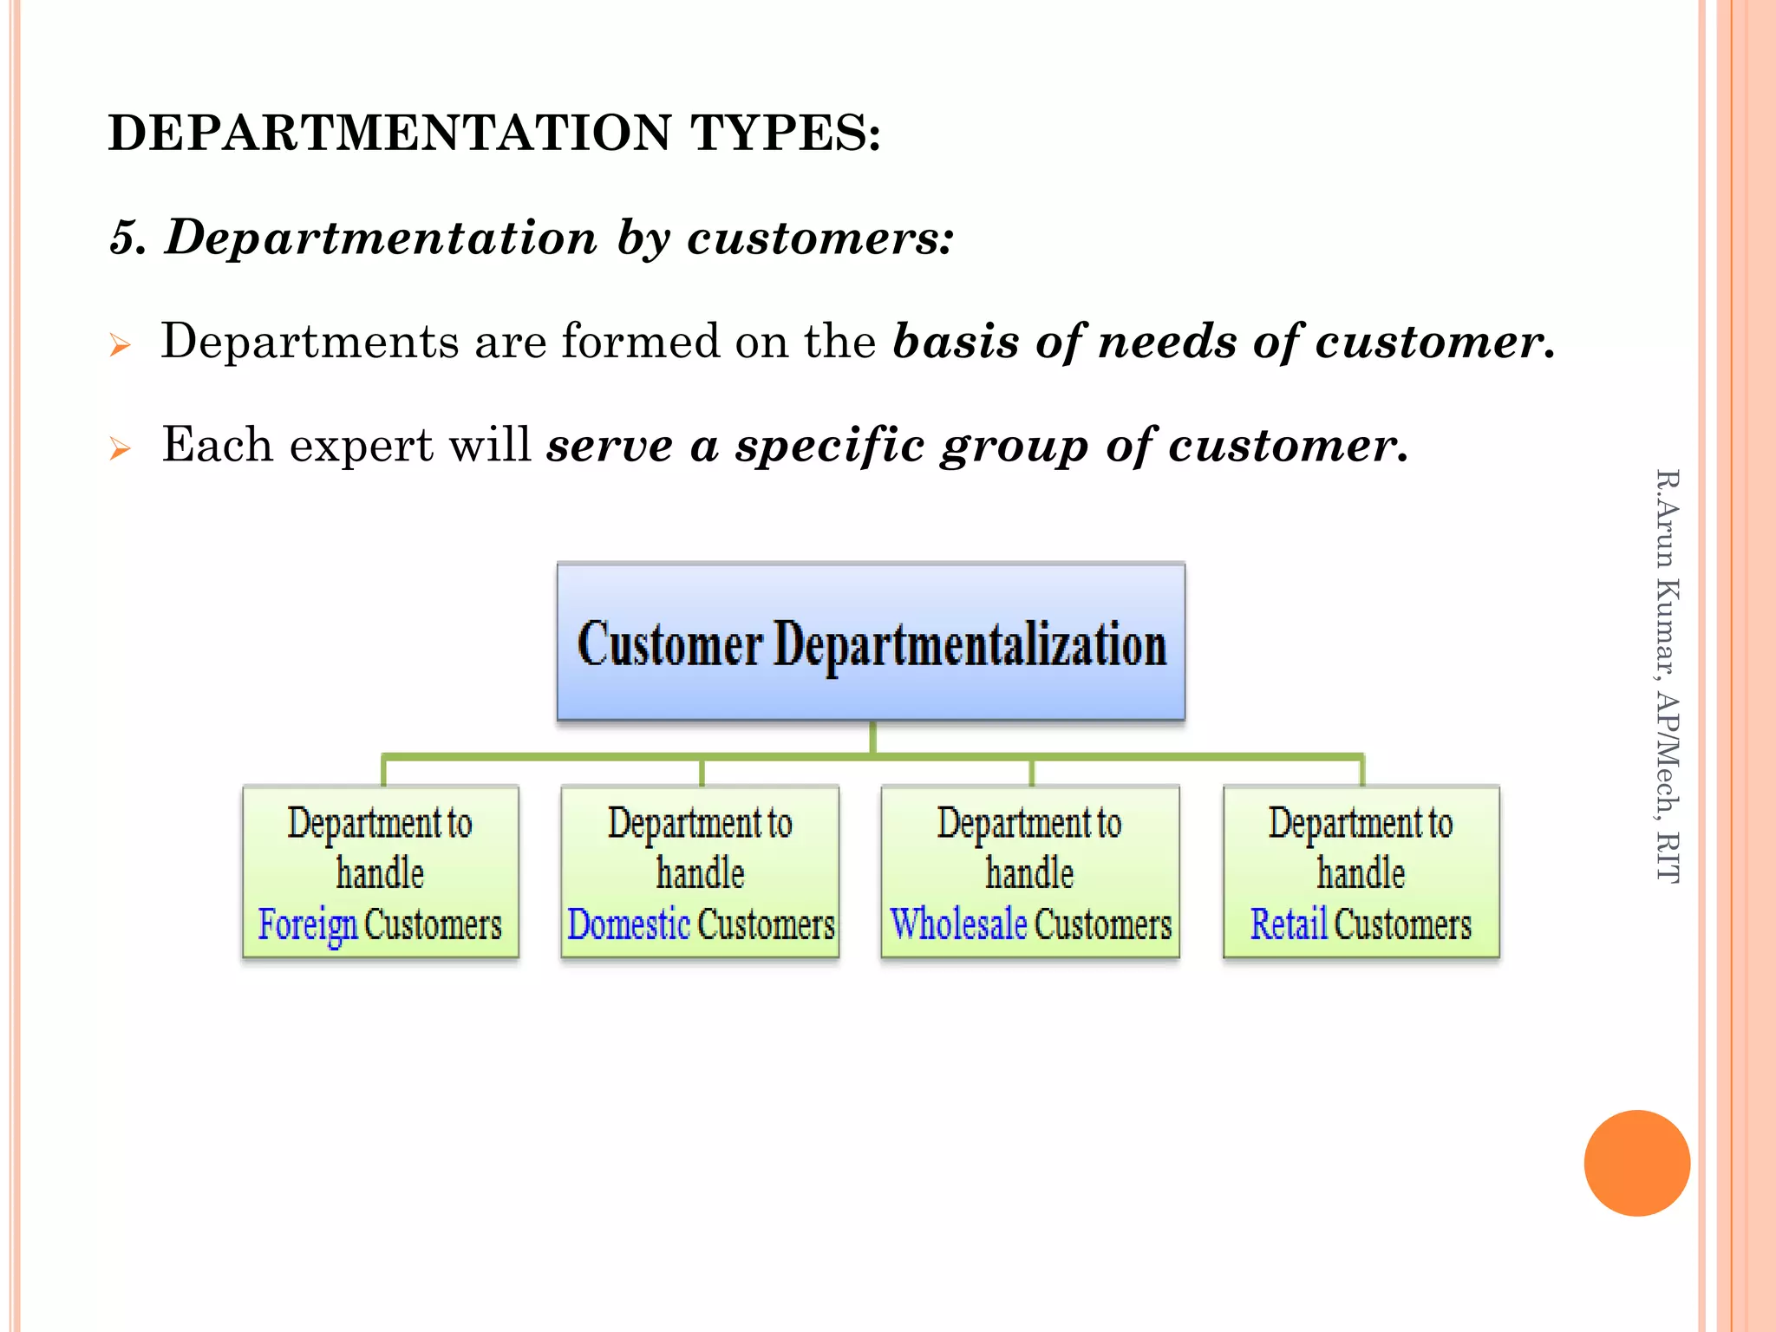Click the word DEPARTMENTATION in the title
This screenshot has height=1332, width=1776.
pyautogui.click(x=389, y=133)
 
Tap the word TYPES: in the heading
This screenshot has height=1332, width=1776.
pyautogui.click(x=786, y=133)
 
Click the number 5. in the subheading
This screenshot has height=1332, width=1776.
pyautogui.click(x=127, y=238)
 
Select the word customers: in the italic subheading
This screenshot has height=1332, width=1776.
pyautogui.click(x=820, y=238)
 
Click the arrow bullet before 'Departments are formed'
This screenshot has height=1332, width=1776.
pyautogui.click(x=120, y=346)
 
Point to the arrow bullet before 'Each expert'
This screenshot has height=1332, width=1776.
pyautogui.click(x=120, y=449)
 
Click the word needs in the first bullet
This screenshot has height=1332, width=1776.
pyautogui.click(x=1166, y=342)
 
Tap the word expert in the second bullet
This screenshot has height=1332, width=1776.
pyautogui.click(x=361, y=446)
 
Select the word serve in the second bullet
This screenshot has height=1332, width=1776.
pyautogui.click(x=610, y=446)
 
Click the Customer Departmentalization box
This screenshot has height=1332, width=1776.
pyautogui.click(x=871, y=642)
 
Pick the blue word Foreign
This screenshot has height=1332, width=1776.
pyautogui.click(x=307, y=924)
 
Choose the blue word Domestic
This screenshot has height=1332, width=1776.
pyautogui.click(x=628, y=924)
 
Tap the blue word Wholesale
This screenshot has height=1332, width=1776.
pyautogui.click(x=958, y=924)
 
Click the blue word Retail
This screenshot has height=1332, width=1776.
pyautogui.click(x=1289, y=924)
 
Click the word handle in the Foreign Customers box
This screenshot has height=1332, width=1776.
pyautogui.click(x=380, y=873)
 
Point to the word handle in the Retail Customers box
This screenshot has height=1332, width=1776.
pyautogui.click(x=1361, y=873)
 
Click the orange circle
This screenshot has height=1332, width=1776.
pyautogui.click(x=1636, y=1163)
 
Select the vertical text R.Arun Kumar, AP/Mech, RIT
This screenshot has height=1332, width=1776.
pyautogui.click(x=1667, y=676)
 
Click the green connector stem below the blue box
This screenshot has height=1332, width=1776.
pyautogui.click(x=872, y=738)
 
